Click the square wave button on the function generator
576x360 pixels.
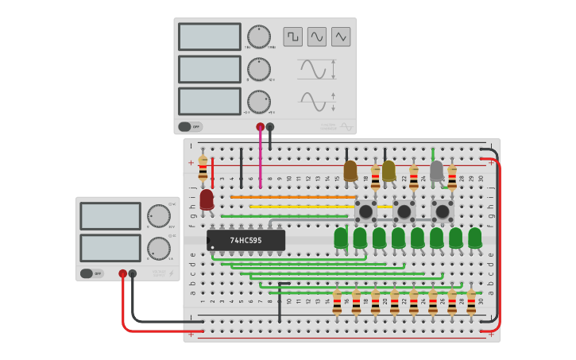(x=292, y=37)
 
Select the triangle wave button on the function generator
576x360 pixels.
(x=341, y=37)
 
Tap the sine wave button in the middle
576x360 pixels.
(x=317, y=37)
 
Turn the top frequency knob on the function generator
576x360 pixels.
(x=258, y=37)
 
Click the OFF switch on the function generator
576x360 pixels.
(x=190, y=126)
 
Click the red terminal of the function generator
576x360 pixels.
(x=260, y=126)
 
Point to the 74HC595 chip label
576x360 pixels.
(x=245, y=239)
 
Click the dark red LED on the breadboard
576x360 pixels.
(x=207, y=199)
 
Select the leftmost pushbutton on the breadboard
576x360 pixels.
(x=365, y=211)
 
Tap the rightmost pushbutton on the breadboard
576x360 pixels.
(x=443, y=211)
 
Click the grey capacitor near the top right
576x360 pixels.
(x=436, y=170)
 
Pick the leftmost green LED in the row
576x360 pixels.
(x=341, y=237)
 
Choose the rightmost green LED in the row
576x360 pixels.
(x=474, y=237)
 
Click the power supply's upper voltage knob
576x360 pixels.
(x=158, y=215)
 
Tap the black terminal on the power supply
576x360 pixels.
(x=133, y=273)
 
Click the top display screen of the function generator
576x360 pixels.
(x=210, y=37)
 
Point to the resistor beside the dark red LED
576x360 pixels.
(x=203, y=167)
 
